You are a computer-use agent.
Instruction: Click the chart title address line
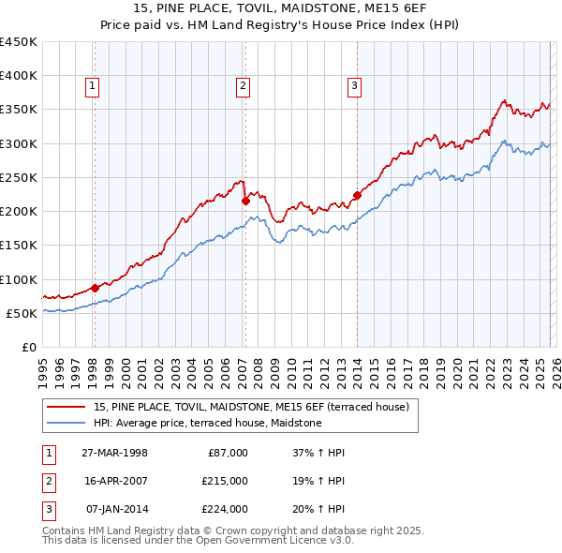click(281, 8)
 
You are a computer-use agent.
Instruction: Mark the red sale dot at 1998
click(95, 288)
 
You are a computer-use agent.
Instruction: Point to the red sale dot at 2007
click(244, 201)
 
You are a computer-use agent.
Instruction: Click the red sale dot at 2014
click(357, 195)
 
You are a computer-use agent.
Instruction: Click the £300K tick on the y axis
click(19, 143)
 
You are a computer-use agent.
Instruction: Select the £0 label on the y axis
click(29, 348)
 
